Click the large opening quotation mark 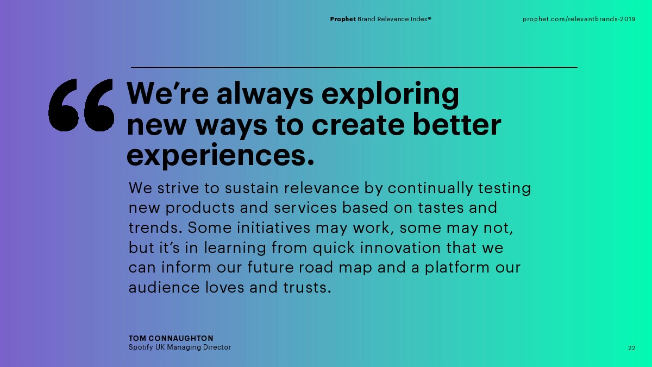81,105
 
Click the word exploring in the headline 390,95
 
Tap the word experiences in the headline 221,155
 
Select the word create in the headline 358,125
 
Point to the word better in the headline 457,124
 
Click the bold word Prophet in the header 343,19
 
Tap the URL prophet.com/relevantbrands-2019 579,19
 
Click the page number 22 631,348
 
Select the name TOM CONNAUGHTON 171,338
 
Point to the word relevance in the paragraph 322,188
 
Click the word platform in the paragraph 457,268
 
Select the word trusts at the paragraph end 307,288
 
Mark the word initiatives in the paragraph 274,227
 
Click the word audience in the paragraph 164,287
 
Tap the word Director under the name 217,347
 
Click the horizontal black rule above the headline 354,67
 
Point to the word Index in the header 419,19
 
